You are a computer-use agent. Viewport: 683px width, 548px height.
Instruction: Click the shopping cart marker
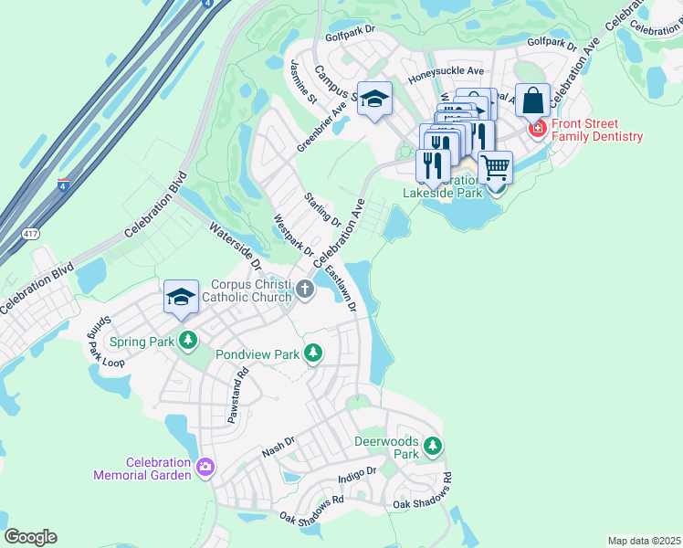pos(495,167)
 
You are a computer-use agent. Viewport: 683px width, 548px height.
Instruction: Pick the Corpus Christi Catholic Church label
pos(247,290)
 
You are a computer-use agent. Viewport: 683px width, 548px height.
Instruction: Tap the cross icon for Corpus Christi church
pos(305,290)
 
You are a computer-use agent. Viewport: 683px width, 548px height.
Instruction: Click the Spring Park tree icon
pos(188,342)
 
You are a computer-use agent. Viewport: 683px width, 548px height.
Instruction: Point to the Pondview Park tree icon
pos(314,353)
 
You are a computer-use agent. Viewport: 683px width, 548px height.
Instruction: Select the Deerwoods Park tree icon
pos(433,447)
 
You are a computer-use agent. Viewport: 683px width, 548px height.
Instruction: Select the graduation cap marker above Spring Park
pos(181,296)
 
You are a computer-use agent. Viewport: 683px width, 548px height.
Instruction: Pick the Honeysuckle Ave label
pos(446,70)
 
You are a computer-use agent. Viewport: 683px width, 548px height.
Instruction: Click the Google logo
pos(30,537)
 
